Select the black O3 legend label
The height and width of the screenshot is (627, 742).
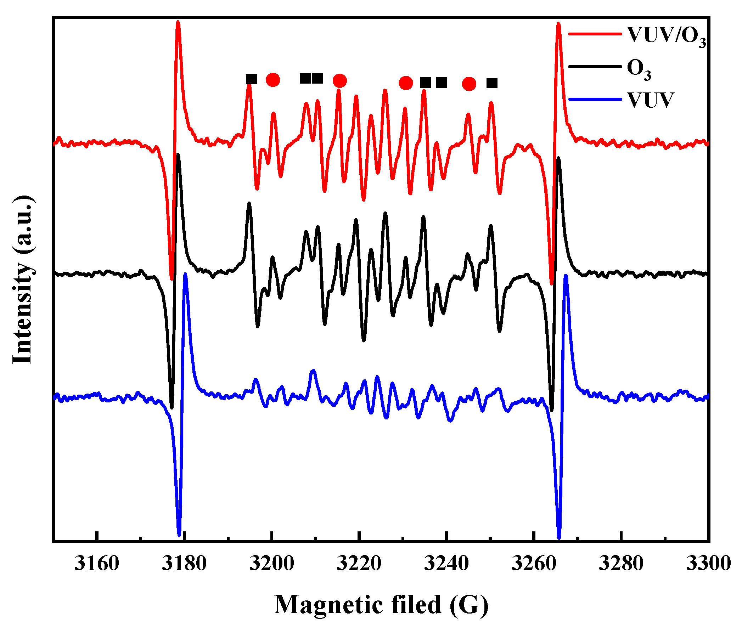tap(639, 69)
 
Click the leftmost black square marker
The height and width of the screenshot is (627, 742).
tap(252, 79)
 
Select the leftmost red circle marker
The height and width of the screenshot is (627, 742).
tap(273, 80)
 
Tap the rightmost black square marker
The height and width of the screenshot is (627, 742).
tap(492, 83)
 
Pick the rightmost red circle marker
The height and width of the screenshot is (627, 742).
tap(469, 84)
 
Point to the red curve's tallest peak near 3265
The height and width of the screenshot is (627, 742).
tap(558, 24)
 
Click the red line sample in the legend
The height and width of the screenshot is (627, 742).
tap(595, 34)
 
